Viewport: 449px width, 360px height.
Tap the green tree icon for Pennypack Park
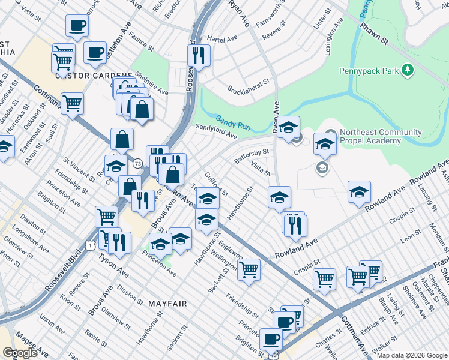pos(408,70)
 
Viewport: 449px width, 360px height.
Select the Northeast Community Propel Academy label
pos(370,136)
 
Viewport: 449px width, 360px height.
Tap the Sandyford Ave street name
pos(216,131)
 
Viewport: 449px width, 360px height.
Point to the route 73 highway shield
pos(138,163)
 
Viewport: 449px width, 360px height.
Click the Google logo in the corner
pos(20,352)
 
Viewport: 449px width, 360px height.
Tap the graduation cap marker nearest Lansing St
pos(359,191)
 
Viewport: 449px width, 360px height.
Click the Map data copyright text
pos(411,355)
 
